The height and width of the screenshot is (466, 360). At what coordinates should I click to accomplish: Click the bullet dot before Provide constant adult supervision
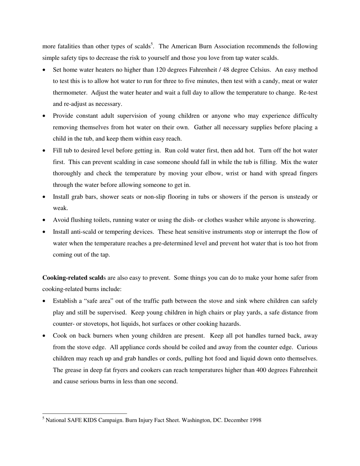(44, 116)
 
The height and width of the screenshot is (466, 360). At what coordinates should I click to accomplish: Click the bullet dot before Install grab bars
(44, 197)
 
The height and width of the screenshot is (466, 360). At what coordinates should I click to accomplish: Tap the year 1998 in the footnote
(255, 420)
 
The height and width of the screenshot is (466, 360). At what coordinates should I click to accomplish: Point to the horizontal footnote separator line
(85, 413)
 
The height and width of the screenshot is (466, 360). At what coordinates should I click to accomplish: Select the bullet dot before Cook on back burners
(44, 336)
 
